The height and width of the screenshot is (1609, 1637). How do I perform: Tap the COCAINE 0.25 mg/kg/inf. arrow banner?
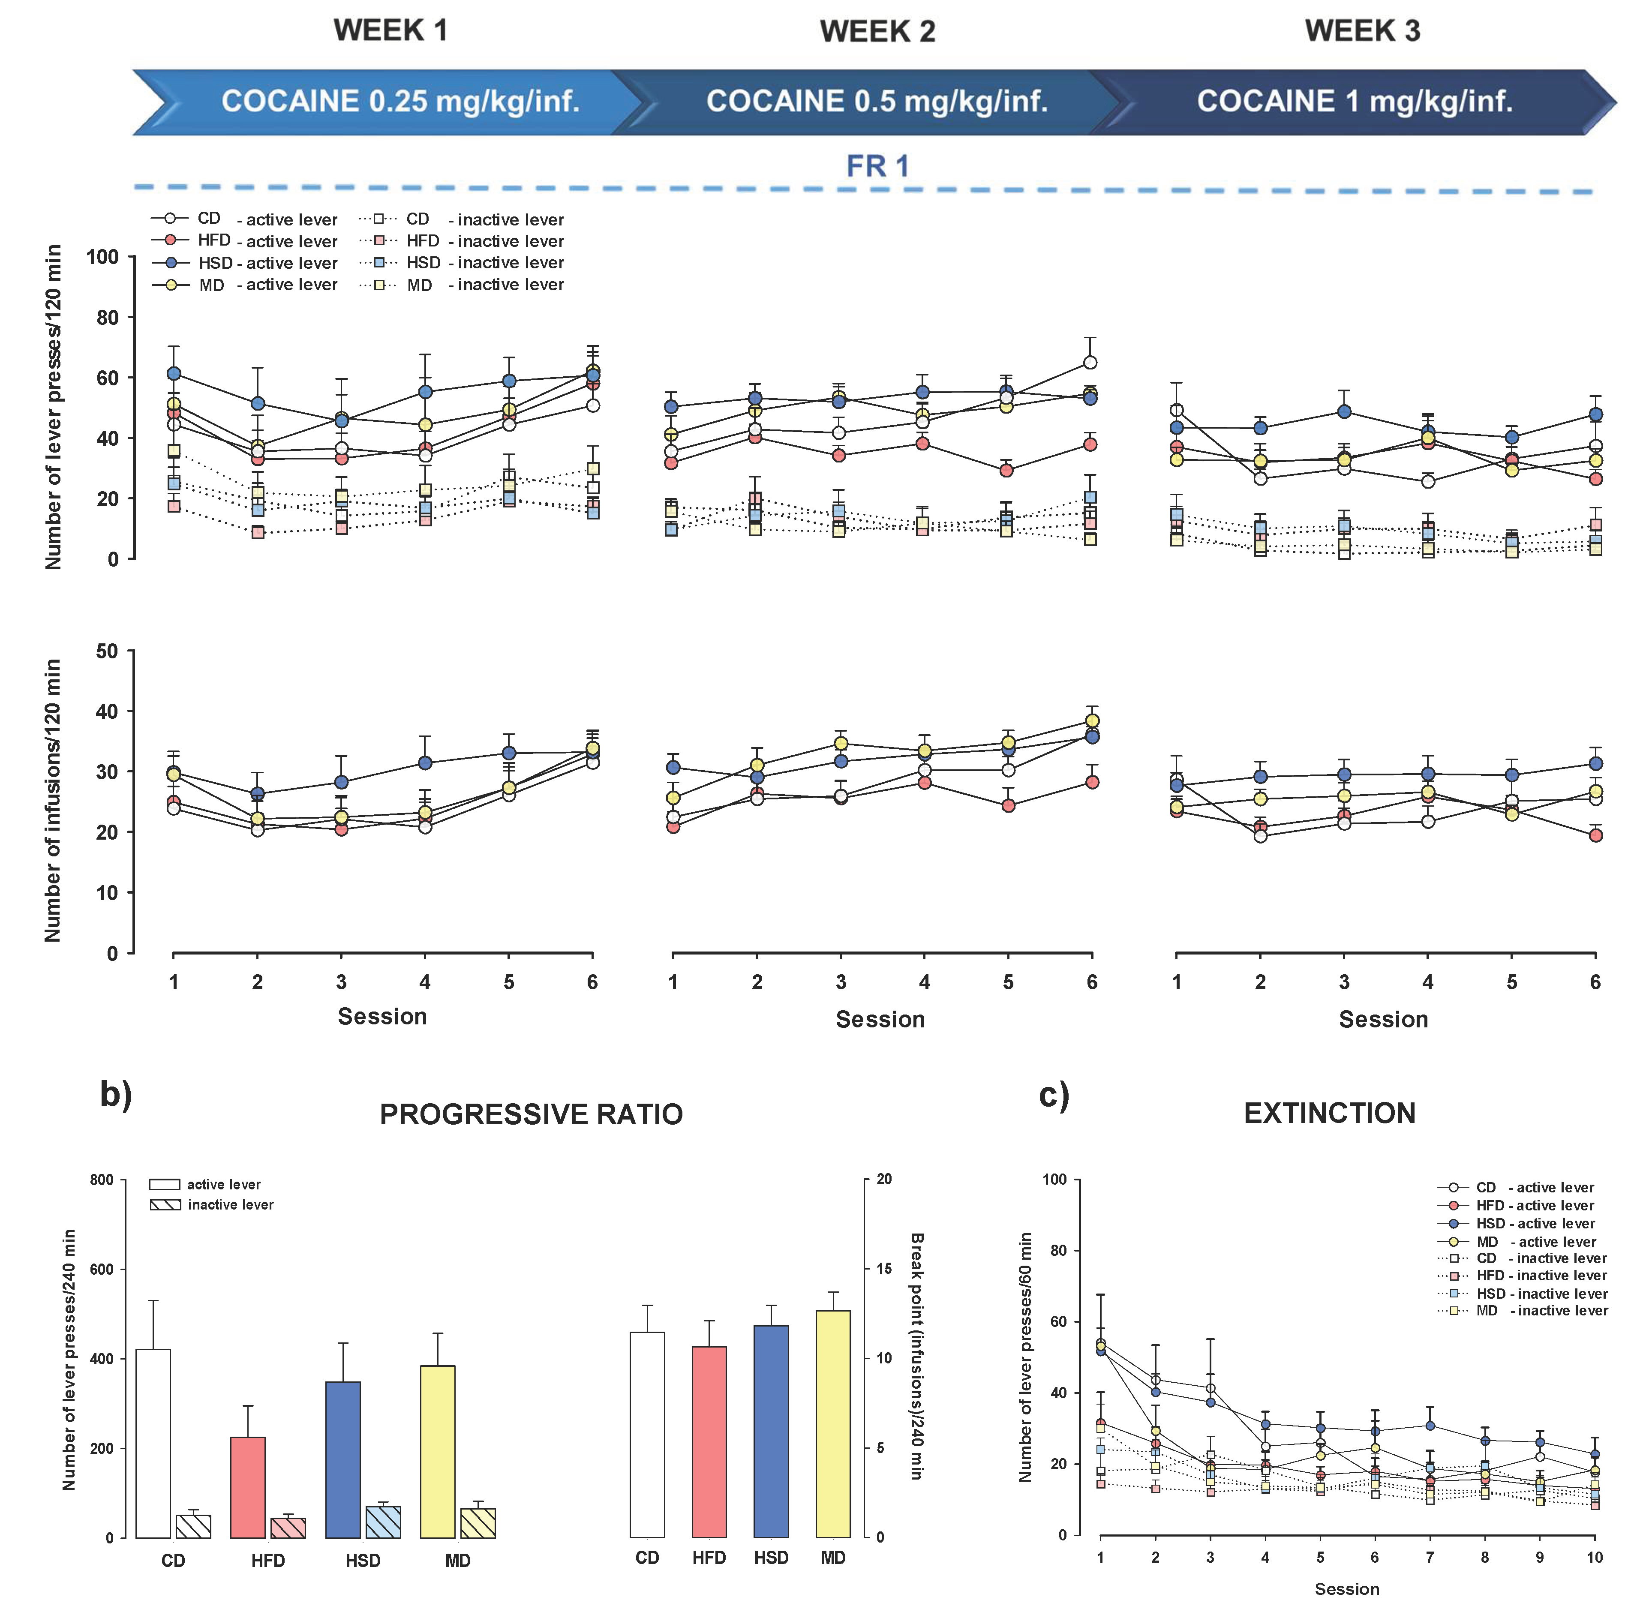point(400,102)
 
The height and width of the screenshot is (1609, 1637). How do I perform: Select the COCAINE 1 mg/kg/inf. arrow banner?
point(1354,102)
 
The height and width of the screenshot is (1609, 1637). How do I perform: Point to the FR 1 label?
point(877,165)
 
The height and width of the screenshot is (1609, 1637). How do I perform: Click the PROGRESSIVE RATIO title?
point(531,1114)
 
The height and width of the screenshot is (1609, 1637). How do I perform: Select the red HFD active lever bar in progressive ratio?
point(248,1487)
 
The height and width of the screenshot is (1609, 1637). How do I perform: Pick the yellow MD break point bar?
point(832,1424)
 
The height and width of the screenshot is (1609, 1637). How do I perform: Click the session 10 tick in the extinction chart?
point(1594,1558)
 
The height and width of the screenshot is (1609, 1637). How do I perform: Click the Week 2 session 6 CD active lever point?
point(1090,363)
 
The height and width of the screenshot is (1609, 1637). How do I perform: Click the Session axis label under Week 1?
point(382,1017)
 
